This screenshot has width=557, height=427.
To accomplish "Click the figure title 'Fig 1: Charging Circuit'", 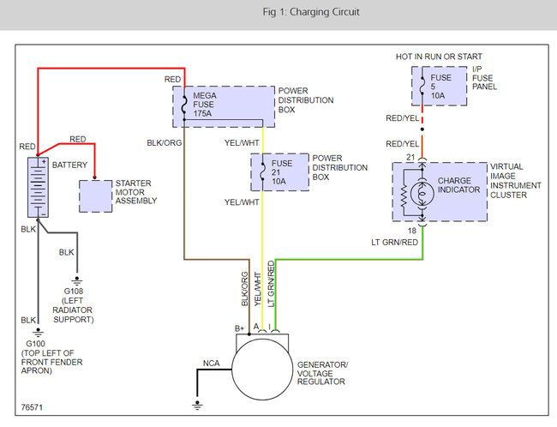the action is tap(311, 12).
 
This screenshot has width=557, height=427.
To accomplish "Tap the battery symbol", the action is tap(38, 188).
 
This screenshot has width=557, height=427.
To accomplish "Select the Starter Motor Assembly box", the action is tap(95, 196).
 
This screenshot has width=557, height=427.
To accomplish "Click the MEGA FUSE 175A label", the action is tap(204, 105).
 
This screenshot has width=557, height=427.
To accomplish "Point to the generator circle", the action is tap(262, 369).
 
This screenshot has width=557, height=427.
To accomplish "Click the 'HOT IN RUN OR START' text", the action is tap(439, 57).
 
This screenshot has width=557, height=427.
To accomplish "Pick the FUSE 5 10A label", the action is tap(440, 87).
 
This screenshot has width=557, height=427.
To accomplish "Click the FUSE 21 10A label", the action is tap(282, 172).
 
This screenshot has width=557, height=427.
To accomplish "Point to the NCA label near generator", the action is tap(212, 363).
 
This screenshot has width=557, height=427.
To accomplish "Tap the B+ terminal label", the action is tap(239, 328).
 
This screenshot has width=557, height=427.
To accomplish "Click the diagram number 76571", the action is tap(32, 407).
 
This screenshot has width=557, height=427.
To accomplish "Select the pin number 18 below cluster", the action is tap(411, 231).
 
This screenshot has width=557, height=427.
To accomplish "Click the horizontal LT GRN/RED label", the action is tap(394, 242).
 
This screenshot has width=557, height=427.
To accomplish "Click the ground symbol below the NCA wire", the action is tap(197, 406).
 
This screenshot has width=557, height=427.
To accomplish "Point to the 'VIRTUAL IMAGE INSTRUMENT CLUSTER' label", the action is tap(515, 181).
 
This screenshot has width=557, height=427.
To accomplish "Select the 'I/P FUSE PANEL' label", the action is tap(484, 78).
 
